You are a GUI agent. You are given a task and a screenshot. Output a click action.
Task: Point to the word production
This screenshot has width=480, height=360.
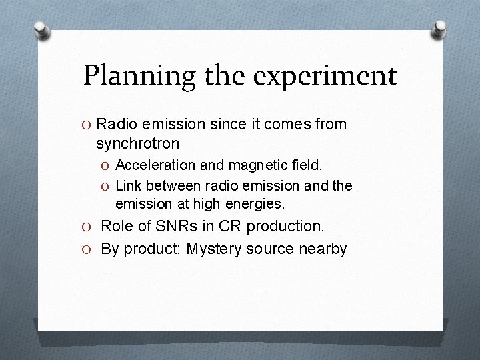coord(285,227)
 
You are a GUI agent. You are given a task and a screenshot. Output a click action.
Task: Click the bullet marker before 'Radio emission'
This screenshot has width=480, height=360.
coord(87,125)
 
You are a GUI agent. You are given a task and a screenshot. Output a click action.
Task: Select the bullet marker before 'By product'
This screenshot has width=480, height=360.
coord(87,249)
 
